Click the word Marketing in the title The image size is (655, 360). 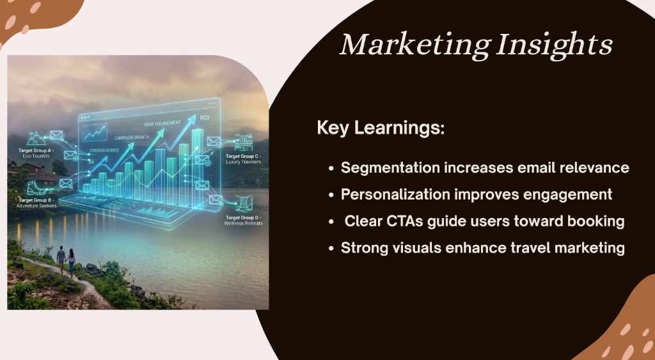pos(413,45)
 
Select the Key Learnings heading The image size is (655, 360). pos(381,127)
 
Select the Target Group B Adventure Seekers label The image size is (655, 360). pos(38,203)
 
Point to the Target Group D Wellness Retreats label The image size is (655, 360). pos(243,221)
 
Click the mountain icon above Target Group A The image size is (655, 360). pos(35,137)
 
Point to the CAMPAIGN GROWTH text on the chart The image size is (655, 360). pos(132,137)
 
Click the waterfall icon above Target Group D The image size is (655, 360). pos(242,204)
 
